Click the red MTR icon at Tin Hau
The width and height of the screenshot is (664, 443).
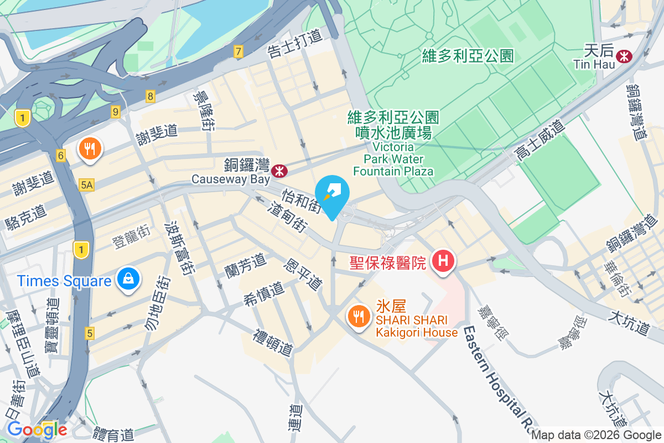(x=625, y=55)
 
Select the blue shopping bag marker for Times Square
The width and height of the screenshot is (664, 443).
(x=128, y=280)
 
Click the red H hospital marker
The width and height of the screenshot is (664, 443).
(x=444, y=261)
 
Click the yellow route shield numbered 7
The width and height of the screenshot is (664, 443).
(x=238, y=52)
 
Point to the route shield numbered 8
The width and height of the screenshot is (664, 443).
(x=151, y=96)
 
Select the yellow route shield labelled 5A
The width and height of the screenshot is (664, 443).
(x=86, y=185)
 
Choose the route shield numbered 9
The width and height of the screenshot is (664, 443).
(x=115, y=111)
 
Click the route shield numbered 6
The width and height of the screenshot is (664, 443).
(x=61, y=156)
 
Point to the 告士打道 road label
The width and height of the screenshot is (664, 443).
(x=294, y=43)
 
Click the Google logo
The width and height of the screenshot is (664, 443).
(x=37, y=429)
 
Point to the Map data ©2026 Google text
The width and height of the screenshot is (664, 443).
(x=596, y=435)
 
